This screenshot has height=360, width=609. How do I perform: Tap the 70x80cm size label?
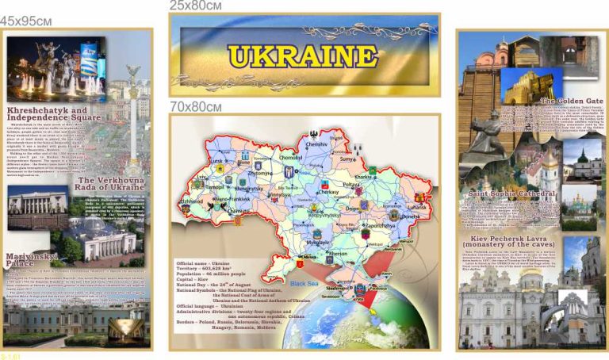click(x=195, y=106)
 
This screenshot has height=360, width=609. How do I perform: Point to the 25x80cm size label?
click(x=195, y=6)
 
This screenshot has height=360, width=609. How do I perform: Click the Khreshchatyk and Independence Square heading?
click(x=53, y=113)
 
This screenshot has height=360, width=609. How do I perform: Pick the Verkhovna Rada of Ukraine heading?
click(x=111, y=185)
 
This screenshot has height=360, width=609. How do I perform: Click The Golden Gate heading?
click(x=572, y=101)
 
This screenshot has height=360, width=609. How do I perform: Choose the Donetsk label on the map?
click(x=412, y=216)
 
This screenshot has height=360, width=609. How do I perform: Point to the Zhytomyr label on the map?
click(x=260, y=172)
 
